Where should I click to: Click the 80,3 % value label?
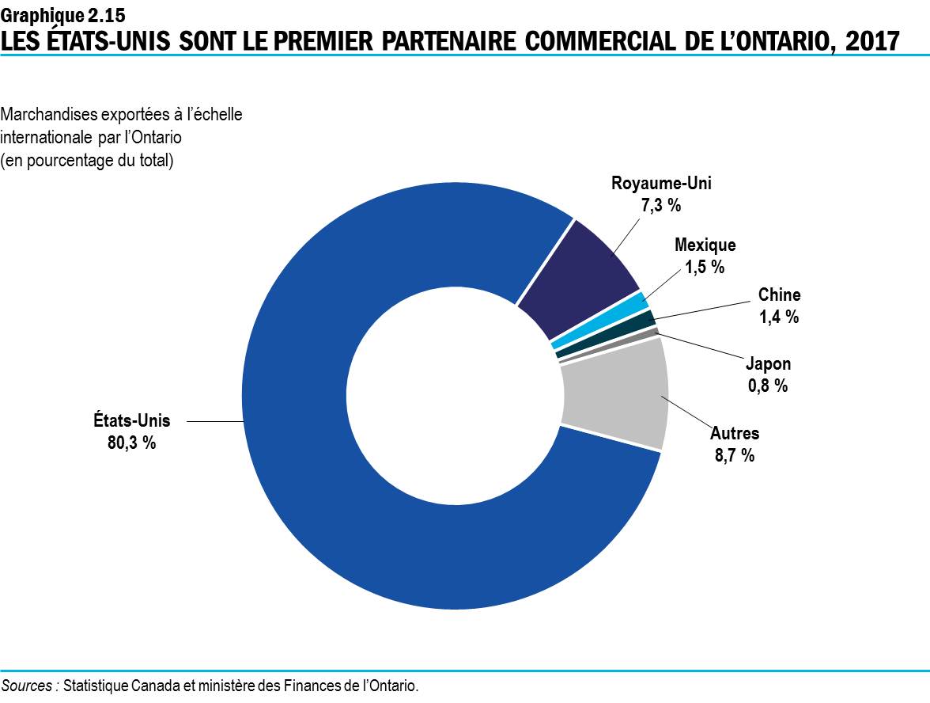[x=131, y=443]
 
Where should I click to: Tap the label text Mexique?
[x=705, y=246]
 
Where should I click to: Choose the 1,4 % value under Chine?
[x=779, y=317]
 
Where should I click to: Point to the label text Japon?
[x=768, y=364]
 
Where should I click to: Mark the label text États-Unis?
[x=131, y=421]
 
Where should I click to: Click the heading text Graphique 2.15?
[x=62, y=13]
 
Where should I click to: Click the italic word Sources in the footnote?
[x=28, y=686]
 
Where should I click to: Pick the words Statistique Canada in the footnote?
[x=122, y=686]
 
